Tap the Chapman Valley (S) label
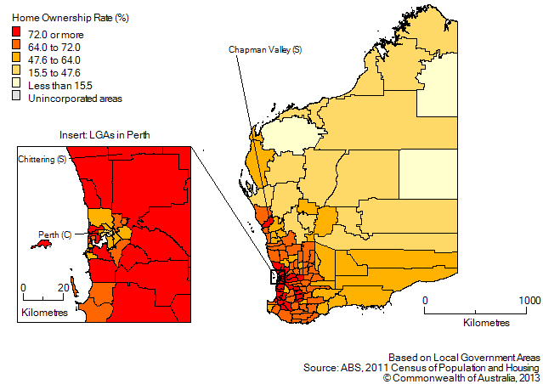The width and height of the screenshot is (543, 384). tap(264, 51)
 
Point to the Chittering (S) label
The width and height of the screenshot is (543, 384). tap(43, 159)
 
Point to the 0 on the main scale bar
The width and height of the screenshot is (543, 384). tap(425, 301)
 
